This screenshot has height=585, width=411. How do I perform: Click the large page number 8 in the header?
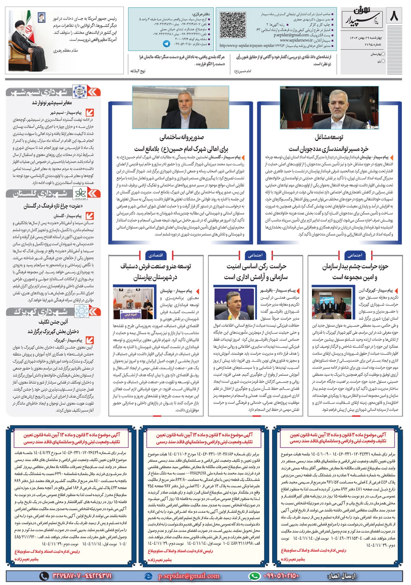click(x=395, y=17)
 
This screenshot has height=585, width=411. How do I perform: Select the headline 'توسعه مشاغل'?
click(x=328, y=137)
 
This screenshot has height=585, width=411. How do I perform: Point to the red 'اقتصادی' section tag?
click(x=156, y=255)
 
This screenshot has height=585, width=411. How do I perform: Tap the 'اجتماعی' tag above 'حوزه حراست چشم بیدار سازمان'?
click(x=355, y=255)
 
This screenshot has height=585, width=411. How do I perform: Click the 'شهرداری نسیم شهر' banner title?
click(x=39, y=91)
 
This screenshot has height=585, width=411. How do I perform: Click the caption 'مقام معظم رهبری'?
click(x=66, y=51)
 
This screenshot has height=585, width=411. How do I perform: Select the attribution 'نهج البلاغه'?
click(x=138, y=71)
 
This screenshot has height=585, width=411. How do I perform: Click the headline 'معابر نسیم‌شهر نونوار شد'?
click(x=52, y=103)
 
